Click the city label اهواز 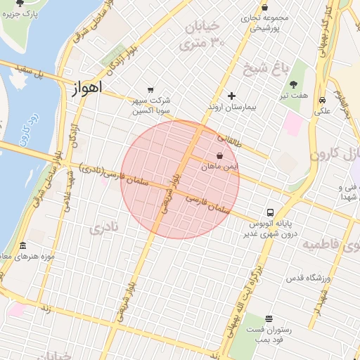click(x=86, y=89)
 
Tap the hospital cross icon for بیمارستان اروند click(x=231, y=96)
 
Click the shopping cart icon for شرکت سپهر click(x=150, y=89)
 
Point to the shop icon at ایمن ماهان click(x=220, y=155)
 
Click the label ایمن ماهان click(x=220, y=167)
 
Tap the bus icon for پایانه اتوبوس click(x=270, y=212)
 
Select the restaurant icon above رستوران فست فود click(x=269, y=319)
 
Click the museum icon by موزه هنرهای click(x=23, y=246)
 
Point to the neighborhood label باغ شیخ click(x=261, y=69)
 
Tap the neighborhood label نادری click(x=103, y=227)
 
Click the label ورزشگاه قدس click(x=308, y=278)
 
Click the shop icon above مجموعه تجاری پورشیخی click(x=264, y=7)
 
